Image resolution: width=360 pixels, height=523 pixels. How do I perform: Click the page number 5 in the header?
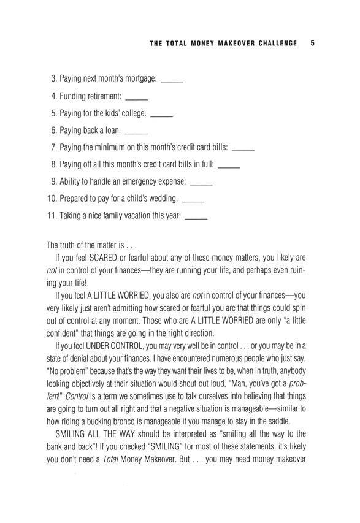(x=313, y=44)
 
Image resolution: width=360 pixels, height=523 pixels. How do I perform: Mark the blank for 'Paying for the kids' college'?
(x=161, y=116)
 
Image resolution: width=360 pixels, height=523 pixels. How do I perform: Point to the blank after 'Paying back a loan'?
(x=136, y=133)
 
